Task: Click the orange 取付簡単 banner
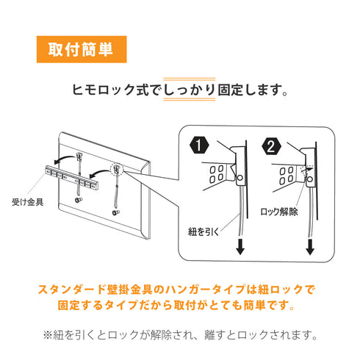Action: tap(82, 49)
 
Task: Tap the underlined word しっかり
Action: tap(190, 90)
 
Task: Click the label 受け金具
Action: tap(28, 202)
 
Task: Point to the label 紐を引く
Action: tap(204, 231)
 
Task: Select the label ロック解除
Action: tap(279, 212)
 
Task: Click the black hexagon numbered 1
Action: tap(199, 145)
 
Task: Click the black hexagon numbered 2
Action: tap(271, 147)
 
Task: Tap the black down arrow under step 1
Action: tap(240, 247)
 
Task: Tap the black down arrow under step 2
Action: tap(310, 247)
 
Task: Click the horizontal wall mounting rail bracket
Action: tap(72, 177)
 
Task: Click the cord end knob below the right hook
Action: tap(115, 212)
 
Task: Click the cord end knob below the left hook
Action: tap(79, 200)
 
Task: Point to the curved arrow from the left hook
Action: tap(64, 159)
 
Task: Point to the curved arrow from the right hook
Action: tap(99, 173)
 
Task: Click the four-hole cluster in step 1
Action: tap(217, 174)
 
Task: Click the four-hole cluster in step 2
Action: tap(287, 176)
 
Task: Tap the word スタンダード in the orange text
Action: tap(72, 289)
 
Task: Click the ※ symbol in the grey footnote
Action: tap(48, 335)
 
